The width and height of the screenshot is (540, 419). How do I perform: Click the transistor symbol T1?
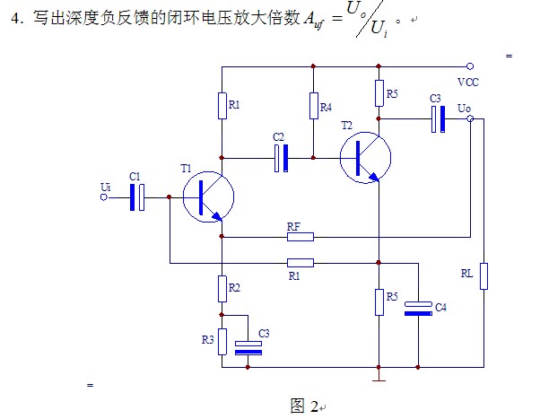(207, 196)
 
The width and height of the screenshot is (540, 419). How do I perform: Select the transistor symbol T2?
(366, 158)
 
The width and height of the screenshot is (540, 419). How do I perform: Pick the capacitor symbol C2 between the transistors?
(282, 158)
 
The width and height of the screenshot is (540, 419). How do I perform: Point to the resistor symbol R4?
(314, 107)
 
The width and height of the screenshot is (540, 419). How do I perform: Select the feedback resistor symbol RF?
(300, 237)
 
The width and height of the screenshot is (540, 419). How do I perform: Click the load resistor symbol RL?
(483, 275)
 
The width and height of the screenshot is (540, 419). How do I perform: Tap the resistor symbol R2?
(221, 288)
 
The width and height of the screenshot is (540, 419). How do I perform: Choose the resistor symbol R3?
(221, 340)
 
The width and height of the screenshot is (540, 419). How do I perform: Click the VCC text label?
(467, 82)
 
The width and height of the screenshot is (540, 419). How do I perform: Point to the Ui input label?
(106, 188)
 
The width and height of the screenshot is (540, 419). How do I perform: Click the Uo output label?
(464, 109)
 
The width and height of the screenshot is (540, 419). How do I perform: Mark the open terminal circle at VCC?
(469, 65)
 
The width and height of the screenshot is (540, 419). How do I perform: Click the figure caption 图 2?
(303, 406)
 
